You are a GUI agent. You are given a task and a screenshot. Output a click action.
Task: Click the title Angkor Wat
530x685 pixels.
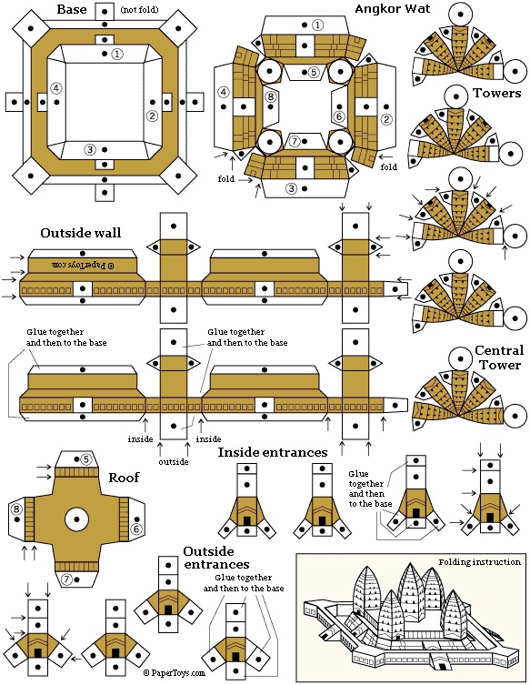[393, 8]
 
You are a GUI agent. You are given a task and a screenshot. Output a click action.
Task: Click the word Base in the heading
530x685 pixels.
[72, 9]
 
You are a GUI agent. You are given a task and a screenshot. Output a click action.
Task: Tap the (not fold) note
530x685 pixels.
[139, 10]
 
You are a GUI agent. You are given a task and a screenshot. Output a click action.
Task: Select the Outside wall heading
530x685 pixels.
[81, 232]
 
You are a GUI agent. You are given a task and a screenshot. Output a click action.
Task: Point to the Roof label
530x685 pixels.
[124, 477]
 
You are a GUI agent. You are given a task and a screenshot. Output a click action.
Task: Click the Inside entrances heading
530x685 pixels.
[273, 452]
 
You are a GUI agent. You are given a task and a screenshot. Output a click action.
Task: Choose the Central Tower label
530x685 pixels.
[499, 358]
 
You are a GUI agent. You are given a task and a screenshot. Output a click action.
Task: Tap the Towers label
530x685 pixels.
[497, 93]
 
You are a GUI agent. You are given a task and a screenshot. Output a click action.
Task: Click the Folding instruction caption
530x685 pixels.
[479, 562]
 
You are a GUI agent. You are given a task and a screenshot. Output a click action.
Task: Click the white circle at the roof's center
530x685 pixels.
[77, 519]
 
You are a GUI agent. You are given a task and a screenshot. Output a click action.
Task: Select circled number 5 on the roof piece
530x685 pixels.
[86, 459]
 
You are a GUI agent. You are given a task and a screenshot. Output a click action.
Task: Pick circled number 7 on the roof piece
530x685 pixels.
[66, 579]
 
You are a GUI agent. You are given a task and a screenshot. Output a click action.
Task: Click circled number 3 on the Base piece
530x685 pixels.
[90, 150]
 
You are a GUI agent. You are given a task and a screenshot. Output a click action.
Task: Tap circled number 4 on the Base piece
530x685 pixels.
[56, 88]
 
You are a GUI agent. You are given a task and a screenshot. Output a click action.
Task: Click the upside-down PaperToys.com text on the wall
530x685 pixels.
[83, 265]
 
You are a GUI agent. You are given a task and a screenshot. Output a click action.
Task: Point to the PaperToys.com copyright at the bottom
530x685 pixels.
[175, 673]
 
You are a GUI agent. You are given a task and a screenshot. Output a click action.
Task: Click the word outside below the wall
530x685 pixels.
[174, 462]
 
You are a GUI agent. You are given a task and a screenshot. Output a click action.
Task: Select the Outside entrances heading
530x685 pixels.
[216, 558]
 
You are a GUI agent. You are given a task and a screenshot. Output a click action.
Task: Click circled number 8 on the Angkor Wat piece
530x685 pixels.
[271, 96]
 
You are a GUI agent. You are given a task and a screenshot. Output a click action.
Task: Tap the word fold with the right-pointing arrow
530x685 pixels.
[226, 178]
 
